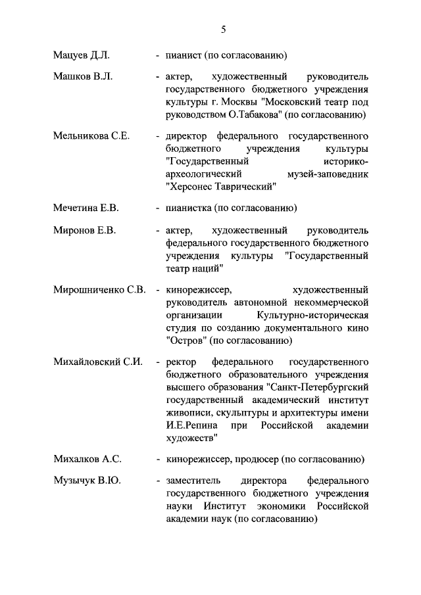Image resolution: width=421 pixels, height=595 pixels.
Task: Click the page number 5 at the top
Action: tap(223, 30)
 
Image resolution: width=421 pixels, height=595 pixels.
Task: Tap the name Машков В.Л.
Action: tap(83, 77)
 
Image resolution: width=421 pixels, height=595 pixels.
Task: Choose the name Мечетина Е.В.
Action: tap(86, 208)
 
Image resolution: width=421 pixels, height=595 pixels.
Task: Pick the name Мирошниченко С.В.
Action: tap(99, 289)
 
